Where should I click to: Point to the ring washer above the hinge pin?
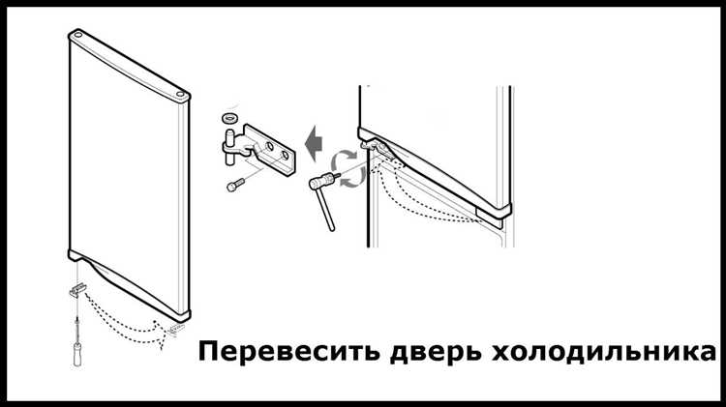click(x=230, y=116)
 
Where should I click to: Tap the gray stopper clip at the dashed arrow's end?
click(x=177, y=329)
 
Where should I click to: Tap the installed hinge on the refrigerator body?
click(x=374, y=145)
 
